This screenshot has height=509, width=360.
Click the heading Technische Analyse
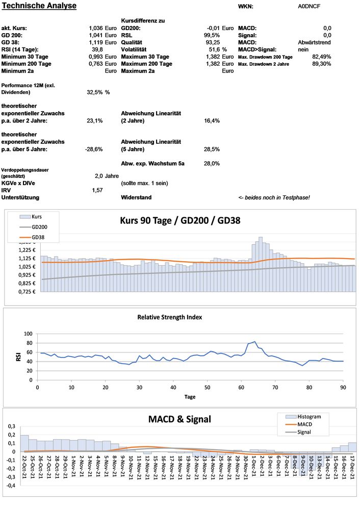point(39,6)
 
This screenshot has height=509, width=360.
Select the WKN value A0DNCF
point(309,7)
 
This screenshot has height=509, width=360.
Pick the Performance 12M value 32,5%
point(95,92)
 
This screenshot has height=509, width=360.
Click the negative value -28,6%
point(94,149)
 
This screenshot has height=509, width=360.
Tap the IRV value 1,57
point(97,190)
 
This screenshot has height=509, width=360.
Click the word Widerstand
point(136,197)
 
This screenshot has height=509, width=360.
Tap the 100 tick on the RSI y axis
point(28,334)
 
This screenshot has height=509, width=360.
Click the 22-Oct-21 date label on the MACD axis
point(24,465)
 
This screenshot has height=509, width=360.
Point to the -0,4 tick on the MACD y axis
point(10,486)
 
